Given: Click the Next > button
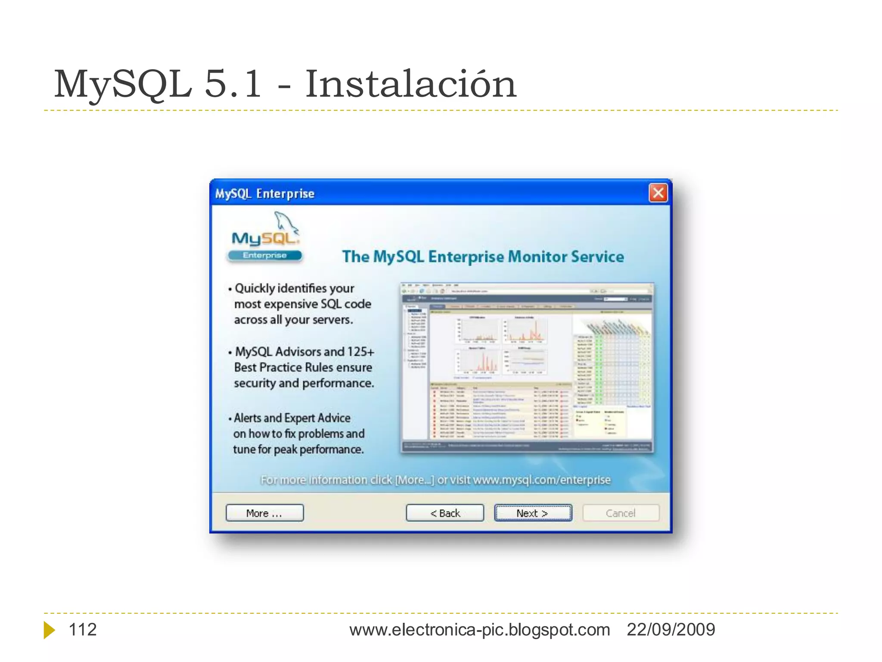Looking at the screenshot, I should tap(533, 513).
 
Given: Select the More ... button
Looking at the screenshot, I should tap(264, 513).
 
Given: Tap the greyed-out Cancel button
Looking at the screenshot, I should tap(621, 513).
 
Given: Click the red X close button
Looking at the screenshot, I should tap(658, 193).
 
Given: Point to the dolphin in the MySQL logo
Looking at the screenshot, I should tap(286, 222).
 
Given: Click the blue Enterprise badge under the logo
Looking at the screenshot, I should tap(265, 256).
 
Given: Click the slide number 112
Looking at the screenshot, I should tap(83, 630).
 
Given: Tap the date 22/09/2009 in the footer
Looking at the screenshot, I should tap(671, 630).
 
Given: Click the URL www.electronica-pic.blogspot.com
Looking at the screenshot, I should tap(479, 630).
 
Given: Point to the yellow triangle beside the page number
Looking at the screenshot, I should tap(49, 630).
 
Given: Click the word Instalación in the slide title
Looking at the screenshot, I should tap(410, 84).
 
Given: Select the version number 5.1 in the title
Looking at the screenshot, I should tap(233, 84).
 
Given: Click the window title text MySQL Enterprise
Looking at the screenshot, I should tap(265, 194).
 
